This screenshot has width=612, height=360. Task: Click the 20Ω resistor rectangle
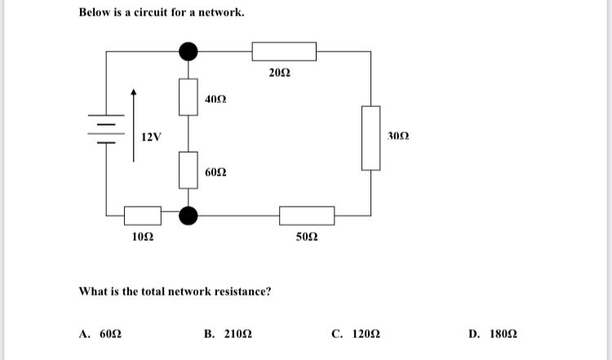pos(284,51)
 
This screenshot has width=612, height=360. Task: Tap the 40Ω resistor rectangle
pos(188,97)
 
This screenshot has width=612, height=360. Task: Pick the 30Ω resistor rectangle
pos(371,137)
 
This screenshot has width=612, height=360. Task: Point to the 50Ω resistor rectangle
pos(307,216)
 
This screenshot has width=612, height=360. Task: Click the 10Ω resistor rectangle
pos(143,216)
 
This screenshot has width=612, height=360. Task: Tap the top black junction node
pos(188,51)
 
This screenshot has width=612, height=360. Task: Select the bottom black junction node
pos(188,216)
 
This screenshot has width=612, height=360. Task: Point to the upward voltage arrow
pos(134,122)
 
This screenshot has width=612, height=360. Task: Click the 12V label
pos(150,136)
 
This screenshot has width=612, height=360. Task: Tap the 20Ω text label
pos(278,74)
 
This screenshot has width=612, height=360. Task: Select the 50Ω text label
pos(307,237)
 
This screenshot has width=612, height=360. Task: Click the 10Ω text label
pos(143,237)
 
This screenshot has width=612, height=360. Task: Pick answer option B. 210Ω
pos(228,334)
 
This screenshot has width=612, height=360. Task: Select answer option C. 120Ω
pos(356,334)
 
